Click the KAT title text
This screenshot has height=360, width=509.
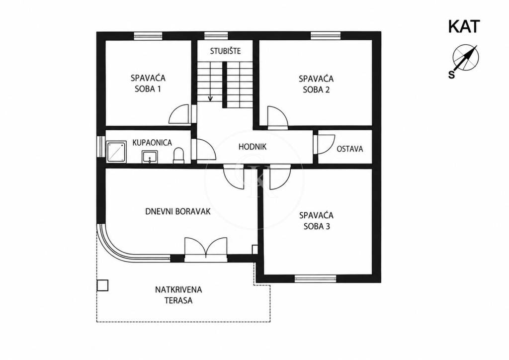tap(464, 27)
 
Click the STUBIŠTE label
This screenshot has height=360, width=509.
tap(225, 51)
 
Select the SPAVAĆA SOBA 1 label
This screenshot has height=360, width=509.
tap(148, 84)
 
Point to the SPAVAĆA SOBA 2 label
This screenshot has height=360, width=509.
tap(316, 84)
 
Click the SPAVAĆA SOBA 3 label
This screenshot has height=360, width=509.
tap(317, 221)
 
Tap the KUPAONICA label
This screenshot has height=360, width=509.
tap(152, 143)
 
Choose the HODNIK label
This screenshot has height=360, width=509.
tap(252, 147)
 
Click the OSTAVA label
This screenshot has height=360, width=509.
tap(349, 149)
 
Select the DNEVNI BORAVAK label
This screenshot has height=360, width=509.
tap(177, 212)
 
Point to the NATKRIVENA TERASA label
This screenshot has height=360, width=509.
tap(178, 295)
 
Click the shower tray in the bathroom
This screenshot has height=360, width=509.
tap(116, 151)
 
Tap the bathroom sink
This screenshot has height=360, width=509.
tap(150, 157)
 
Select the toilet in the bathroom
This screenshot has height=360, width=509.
tap(178, 156)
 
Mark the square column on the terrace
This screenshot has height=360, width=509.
tap(102, 285)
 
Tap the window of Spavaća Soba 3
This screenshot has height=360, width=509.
tap(315, 278)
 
